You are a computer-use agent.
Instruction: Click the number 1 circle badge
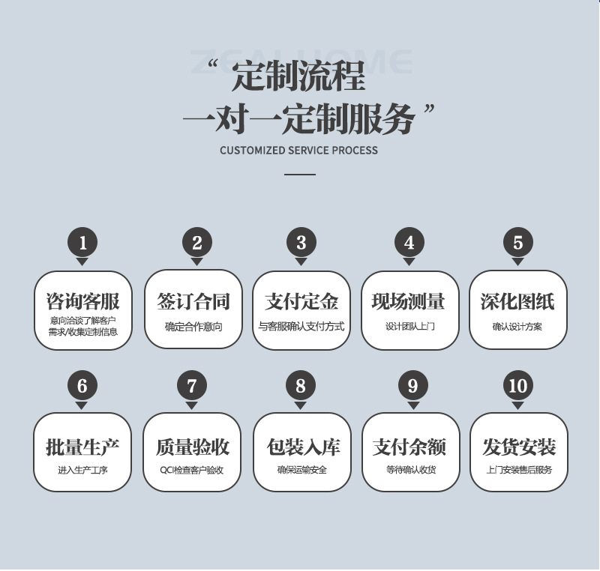(82, 243)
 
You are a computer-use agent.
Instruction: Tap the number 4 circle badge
(409, 243)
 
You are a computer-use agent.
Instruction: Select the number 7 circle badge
(192, 386)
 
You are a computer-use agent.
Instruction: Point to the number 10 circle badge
(517, 386)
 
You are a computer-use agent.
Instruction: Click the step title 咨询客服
(82, 302)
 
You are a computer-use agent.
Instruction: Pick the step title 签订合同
(193, 302)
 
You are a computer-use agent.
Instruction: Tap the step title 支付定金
(301, 302)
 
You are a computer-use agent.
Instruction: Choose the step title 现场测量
(409, 302)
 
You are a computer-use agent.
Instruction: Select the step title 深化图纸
(517, 302)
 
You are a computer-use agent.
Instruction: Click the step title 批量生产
(82, 447)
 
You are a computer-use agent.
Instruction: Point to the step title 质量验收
(193, 447)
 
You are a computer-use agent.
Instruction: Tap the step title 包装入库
(301, 447)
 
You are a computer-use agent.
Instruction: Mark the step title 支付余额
(409, 447)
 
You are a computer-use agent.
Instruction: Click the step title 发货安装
(518, 447)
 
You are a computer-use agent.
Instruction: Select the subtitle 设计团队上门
(409, 327)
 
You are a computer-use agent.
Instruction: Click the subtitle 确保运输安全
(301, 471)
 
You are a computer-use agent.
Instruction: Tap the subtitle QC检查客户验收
(192, 471)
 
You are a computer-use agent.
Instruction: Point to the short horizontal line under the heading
(300, 175)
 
